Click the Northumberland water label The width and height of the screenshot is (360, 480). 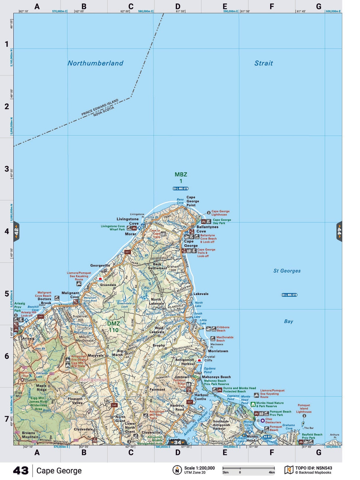tap(95, 63)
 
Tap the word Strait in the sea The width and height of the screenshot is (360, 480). tap(263, 63)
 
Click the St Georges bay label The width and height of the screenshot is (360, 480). tap(287, 271)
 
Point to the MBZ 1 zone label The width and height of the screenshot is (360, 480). tap(181, 178)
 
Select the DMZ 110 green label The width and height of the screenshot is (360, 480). tap(114, 327)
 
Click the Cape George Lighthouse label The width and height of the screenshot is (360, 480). tap(220, 213)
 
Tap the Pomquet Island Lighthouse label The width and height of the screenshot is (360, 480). tap(304, 408)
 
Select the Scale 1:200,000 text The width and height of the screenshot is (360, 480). tap(199, 468)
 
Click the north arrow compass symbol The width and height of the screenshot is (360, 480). tap(177, 470)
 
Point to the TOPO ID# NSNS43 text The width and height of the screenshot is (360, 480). tap(313, 468)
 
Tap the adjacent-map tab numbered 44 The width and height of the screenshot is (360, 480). tap(339, 231)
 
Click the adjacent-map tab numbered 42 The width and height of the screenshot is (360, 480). tap(16, 231)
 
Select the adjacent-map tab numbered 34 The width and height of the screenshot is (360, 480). tap(177, 442)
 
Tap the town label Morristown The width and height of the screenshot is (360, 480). tap(218, 351)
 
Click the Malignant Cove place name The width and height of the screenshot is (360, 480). tap(70, 295)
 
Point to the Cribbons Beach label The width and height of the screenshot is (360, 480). tap(223, 329)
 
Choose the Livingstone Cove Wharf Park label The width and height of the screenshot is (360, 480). tap(113, 228)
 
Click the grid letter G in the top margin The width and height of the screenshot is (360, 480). tap(318, 7)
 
